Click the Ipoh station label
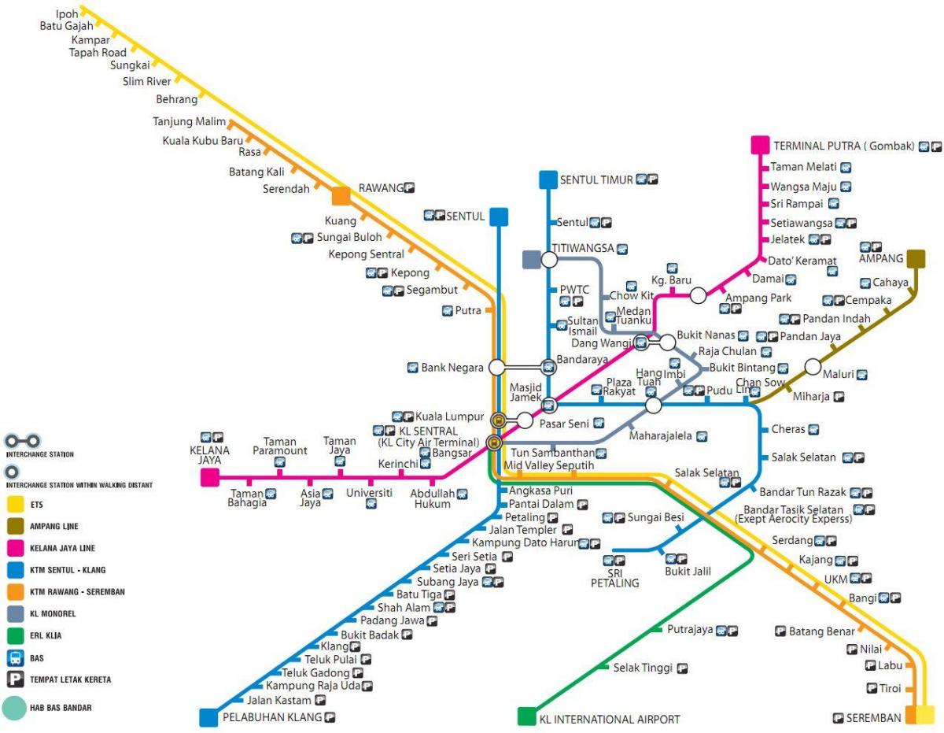67,13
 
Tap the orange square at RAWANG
341,195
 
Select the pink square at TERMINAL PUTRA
760,145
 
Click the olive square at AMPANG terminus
916,258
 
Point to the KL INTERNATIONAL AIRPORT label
610,719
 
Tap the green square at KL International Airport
526,716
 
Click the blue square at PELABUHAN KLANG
208,717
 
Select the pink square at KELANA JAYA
209,477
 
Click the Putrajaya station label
690,630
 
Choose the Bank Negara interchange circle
496,367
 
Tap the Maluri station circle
813,367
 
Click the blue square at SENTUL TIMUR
548,180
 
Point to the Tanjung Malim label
189,121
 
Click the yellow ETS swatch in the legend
15,504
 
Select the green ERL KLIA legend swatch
15,635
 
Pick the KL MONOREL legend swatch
15,613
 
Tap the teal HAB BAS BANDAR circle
14,708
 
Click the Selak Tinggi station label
643,668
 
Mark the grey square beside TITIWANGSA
531,259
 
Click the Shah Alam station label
404,608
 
